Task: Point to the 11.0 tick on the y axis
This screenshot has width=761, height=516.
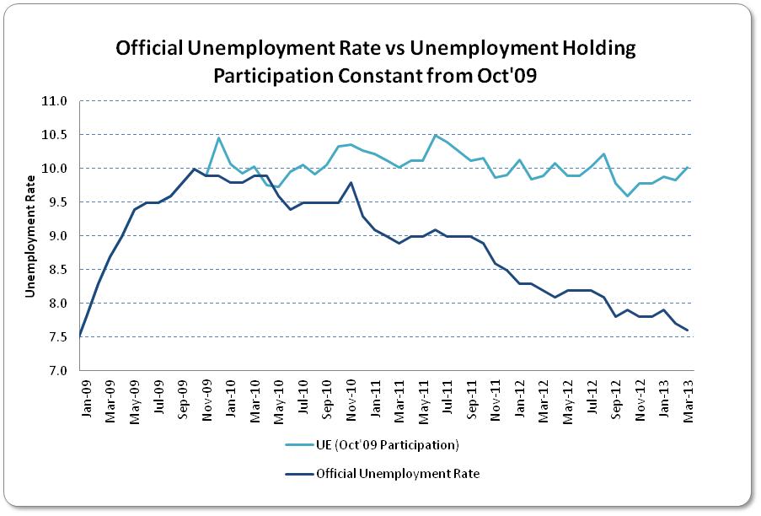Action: [x=55, y=101]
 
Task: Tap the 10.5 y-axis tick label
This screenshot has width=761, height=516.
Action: [x=55, y=135]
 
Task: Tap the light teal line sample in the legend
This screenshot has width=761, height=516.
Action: [x=296, y=444]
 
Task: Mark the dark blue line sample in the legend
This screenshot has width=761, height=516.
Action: [x=296, y=474]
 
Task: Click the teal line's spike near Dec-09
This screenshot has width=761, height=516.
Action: [x=218, y=137]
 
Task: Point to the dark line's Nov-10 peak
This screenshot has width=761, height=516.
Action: [x=350, y=183]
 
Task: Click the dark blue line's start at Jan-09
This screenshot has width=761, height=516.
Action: [x=80, y=336]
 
